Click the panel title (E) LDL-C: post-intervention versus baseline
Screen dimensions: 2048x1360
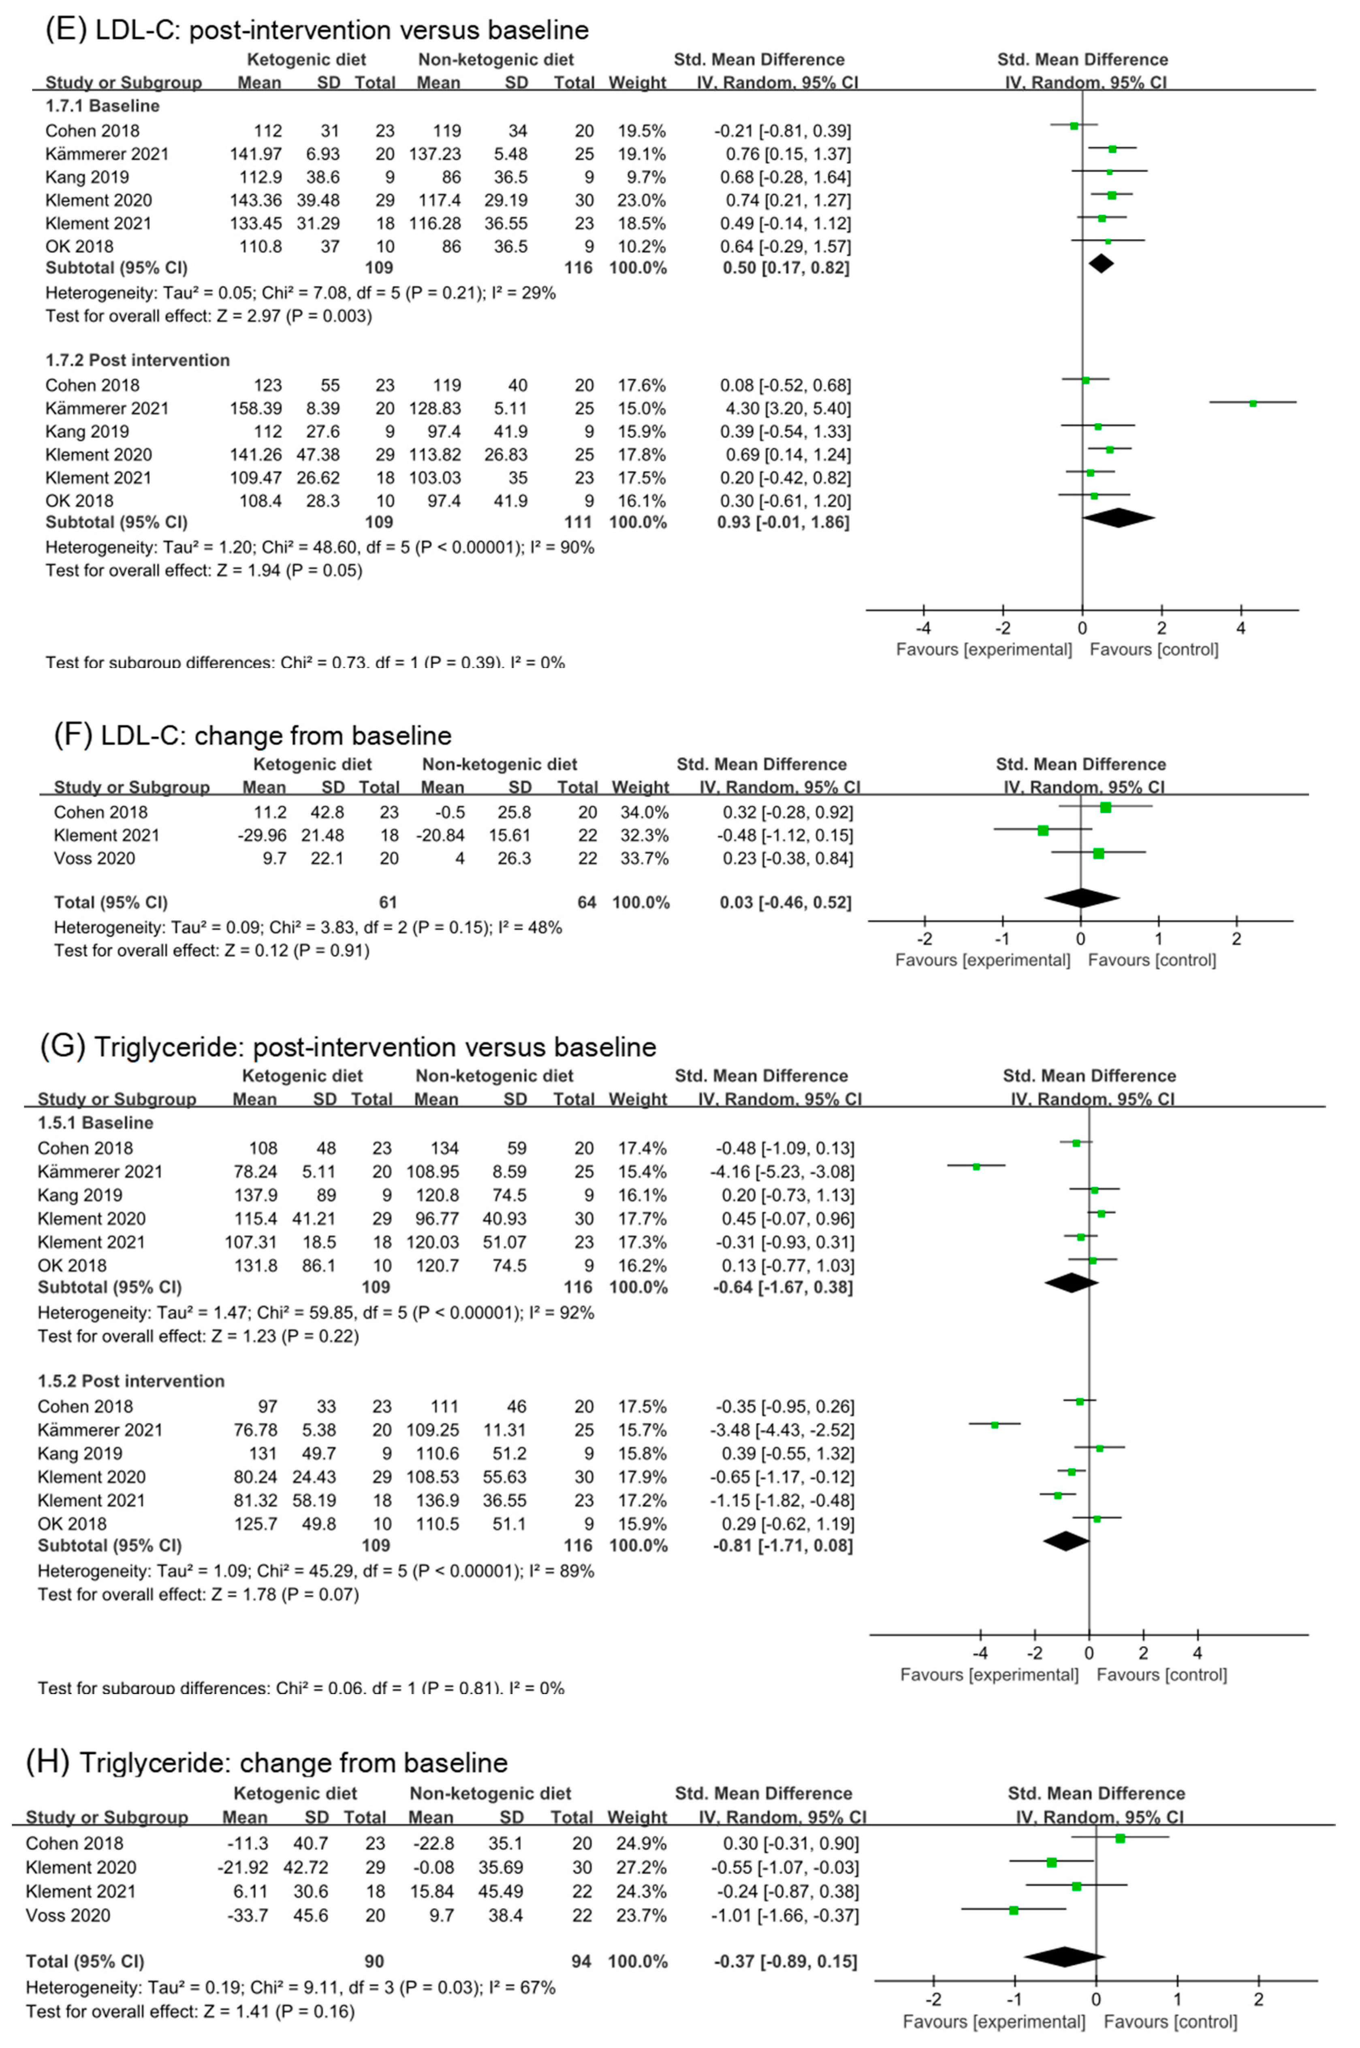coord(316,30)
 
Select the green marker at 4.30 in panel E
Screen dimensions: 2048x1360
coord(1253,403)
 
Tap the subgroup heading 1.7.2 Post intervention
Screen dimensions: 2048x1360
coord(138,360)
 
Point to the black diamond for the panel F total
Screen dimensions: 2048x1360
coord(1082,899)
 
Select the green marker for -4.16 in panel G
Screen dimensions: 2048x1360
coord(976,1166)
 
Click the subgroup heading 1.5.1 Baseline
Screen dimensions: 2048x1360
coord(96,1122)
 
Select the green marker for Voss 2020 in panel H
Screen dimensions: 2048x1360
coord(1013,1910)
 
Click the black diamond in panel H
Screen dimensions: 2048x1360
coord(1064,1956)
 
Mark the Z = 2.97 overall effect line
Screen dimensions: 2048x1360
coord(208,316)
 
